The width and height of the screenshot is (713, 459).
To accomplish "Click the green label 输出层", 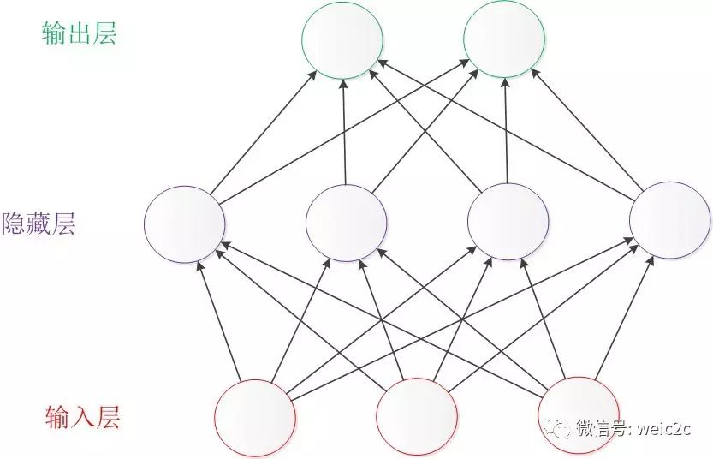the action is coord(79,33).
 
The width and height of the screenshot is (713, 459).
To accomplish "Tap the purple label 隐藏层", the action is coord(39,224).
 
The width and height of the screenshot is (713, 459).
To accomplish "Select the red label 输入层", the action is coord(82,418).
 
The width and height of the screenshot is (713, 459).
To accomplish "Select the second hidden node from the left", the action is coord(347,221).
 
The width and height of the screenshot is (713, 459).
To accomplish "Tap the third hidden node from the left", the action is coord(508,221).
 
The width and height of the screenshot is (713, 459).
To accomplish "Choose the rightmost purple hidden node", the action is coord(669,221).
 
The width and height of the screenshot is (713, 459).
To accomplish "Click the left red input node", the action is coord(255,417).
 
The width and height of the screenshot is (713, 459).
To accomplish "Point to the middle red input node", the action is coord(417,417).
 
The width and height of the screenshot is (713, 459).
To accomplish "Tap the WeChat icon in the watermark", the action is coord(561,427).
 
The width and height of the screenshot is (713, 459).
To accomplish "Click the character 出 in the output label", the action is coord(79,33).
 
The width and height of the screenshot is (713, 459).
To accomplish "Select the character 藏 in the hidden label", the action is coord(39,224).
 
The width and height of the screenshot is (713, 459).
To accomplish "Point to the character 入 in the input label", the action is coord(82,418).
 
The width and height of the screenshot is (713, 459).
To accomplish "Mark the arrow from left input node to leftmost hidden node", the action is coord(220,321).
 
